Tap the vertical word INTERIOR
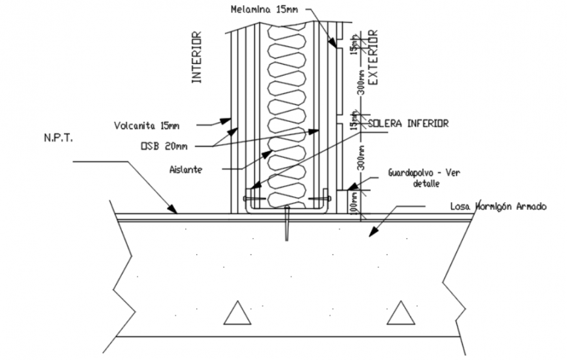(196, 58)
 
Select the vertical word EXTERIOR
(373, 58)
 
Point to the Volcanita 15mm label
(147, 123)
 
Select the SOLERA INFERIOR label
(408, 123)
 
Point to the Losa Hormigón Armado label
(498, 207)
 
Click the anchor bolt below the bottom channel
(286, 223)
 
